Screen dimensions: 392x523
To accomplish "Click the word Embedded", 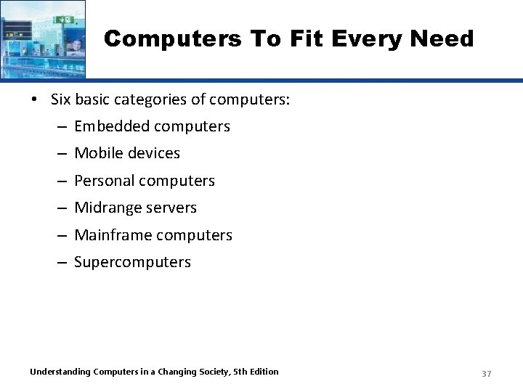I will click(108, 126).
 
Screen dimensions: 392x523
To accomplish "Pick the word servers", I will click(171, 208).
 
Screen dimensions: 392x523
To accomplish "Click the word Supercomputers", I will click(132, 262).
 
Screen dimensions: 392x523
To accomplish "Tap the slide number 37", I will click(487, 373).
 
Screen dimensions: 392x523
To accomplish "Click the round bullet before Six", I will click(36, 99).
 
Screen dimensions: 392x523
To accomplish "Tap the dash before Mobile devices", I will click(62, 154).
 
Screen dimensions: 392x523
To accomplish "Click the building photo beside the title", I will click(43, 38).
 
